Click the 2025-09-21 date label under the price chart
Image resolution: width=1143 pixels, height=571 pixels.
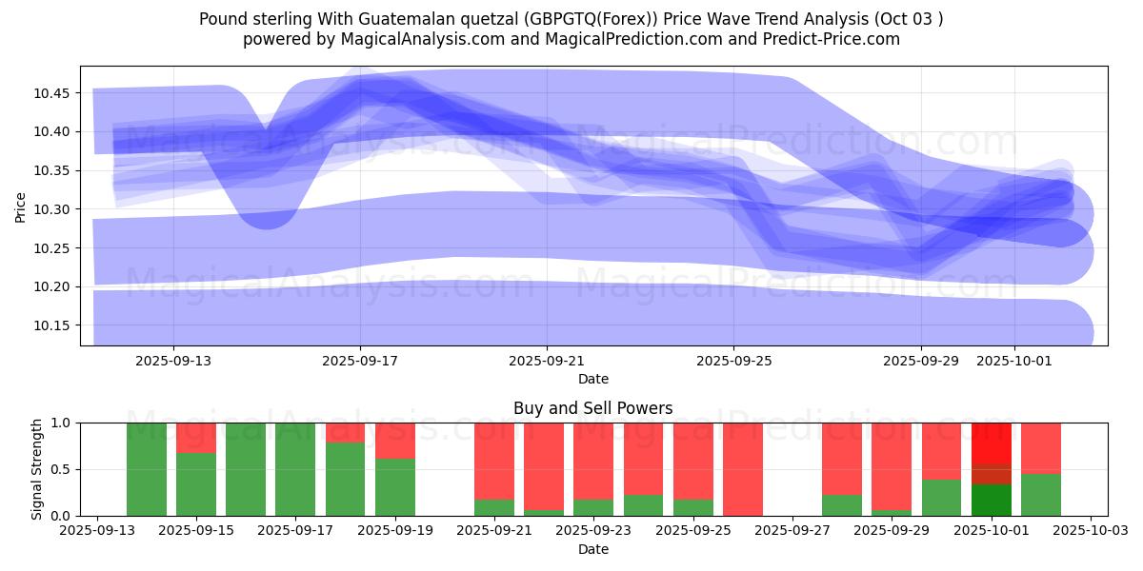(547, 362)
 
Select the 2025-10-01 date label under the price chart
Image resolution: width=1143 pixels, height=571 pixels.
(1013, 362)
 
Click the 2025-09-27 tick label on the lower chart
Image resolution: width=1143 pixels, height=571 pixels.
(792, 531)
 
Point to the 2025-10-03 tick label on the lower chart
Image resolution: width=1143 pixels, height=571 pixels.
(1091, 531)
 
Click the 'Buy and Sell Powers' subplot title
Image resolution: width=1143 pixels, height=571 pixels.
(592, 408)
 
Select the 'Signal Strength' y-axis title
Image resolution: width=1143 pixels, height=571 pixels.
(36, 469)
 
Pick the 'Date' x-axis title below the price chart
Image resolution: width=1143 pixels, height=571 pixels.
(592, 379)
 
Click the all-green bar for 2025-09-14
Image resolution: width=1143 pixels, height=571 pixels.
(147, 469)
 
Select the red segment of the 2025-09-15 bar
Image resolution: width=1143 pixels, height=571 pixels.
(196, 437)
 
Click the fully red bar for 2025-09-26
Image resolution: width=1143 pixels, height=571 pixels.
(743, 469)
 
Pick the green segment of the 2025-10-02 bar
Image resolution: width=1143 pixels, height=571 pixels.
(1041, 495)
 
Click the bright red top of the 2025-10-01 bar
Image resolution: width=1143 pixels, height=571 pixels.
(992, 443)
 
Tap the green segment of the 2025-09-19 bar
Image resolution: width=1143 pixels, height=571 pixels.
(395, 487)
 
